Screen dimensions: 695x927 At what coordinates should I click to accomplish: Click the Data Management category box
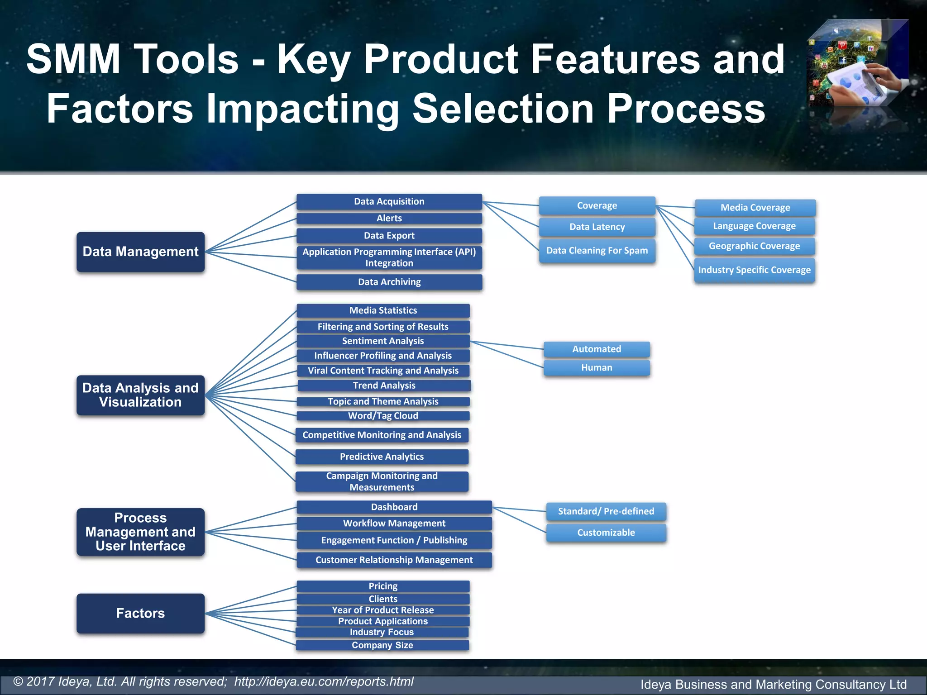tap(140, 252)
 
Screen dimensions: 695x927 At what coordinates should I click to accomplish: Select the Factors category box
tap(140, 613)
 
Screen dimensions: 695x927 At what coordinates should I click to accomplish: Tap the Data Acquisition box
tap(389, 201)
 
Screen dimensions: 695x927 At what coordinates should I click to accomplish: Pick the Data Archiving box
tap(389, 282)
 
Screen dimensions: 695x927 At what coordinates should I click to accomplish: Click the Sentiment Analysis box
tap(383, 341)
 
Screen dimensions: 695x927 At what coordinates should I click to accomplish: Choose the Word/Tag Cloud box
tap(383, 415)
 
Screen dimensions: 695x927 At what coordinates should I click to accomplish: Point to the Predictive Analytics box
tap(382, 457)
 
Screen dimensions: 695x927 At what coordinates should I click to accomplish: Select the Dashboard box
tap(394, 507)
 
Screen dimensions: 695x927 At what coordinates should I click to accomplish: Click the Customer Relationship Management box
tap(394, 560)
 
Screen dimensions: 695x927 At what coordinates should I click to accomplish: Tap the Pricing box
tap(383, 586)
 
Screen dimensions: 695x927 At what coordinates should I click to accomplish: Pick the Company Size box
tap(382, 645)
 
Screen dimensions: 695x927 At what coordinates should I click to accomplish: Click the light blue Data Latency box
tap(597, 227)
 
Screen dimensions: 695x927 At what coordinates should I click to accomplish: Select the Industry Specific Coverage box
tap(754, 270)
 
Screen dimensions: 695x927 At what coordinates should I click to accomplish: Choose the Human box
tap(597, 367)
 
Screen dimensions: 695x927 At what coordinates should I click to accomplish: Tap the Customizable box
tap(606, 533)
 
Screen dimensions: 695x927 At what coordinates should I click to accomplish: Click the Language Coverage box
tap(754, 226)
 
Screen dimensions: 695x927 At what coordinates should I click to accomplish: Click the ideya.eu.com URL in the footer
tap(324, 681)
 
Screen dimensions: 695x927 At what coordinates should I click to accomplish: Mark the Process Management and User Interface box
tap(140, 532)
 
